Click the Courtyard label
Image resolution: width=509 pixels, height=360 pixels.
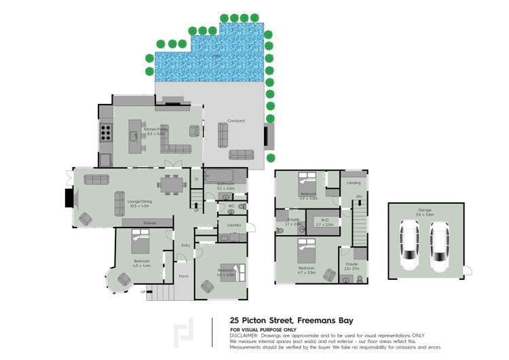click(x=236, y=121)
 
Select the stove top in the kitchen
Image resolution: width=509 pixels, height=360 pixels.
click(x=106, y=131)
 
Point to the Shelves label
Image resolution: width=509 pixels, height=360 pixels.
click(x=149, y=223)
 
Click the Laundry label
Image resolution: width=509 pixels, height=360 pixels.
click(x=234, y=224)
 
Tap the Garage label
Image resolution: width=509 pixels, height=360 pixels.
click(x=425, y=211)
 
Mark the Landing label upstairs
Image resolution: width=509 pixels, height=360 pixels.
click(x=354, y=183)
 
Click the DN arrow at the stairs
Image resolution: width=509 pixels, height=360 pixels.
click(x=358, y=197)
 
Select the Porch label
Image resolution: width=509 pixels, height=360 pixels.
click(x=183, y=276)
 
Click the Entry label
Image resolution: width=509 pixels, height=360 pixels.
click(x=185, y=245)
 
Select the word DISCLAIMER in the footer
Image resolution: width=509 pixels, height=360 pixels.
click(x=244, y=335)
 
